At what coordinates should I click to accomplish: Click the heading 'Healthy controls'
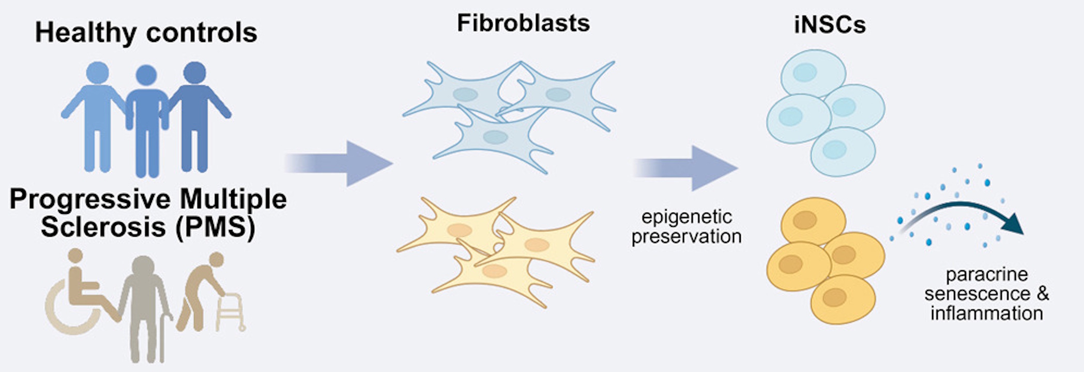pos(146,32)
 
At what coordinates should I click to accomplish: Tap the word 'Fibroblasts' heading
pos(523,23)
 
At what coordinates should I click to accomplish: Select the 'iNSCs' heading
pos(830,24)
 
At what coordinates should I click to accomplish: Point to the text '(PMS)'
pos(215,227)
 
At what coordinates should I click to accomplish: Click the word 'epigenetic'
pos(686,217)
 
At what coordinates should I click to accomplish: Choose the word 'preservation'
pos(686,237)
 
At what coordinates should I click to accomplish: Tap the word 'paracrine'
pos(986,274)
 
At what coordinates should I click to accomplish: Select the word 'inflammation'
pos(986,313)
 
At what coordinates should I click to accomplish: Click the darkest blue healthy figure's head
pos(195,73)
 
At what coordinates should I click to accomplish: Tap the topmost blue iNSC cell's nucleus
pos(805,72)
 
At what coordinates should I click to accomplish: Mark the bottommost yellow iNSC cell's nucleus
pos(834,298)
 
